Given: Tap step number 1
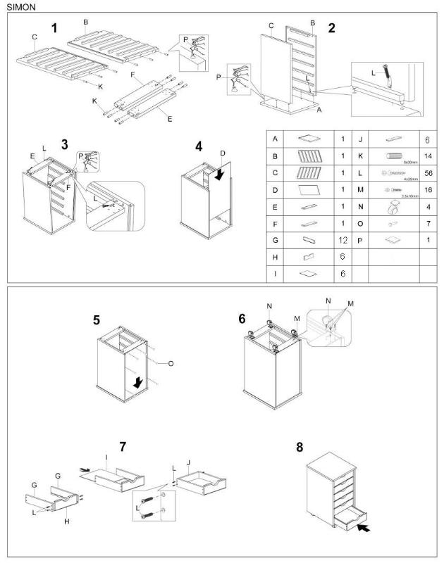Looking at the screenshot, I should coord(54,28).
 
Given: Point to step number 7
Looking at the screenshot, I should coord(123,446).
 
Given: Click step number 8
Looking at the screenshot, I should coord(300,447).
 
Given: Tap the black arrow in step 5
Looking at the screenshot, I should coord(140,381).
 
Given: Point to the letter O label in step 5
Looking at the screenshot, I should coord(171,363).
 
